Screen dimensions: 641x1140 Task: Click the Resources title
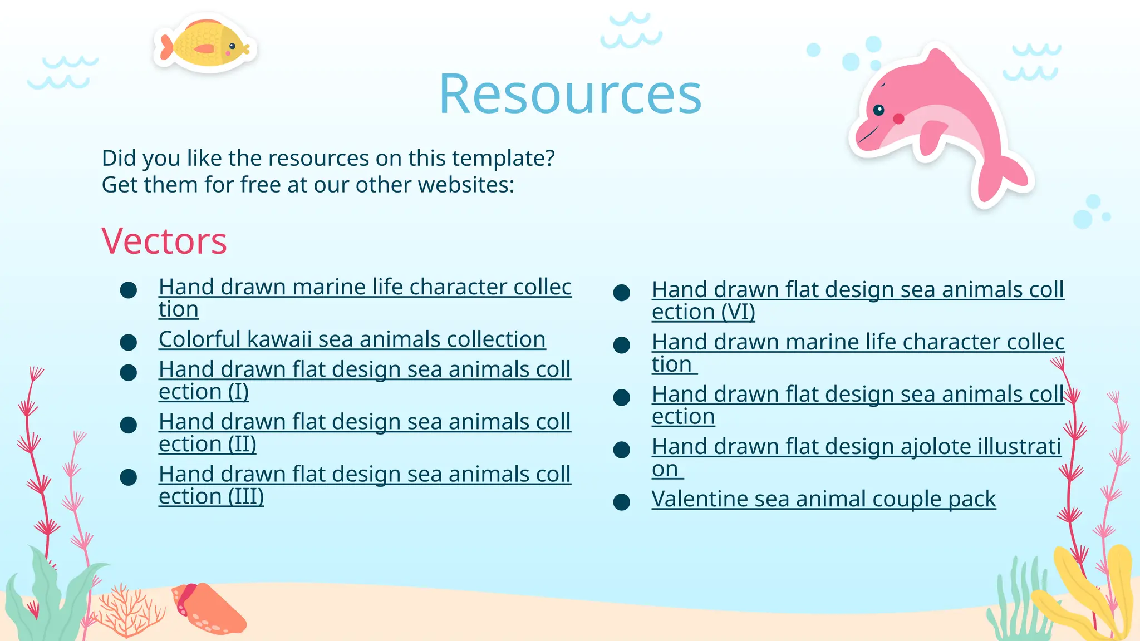click(570, 95)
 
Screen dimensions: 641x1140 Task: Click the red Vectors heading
click(164, 241)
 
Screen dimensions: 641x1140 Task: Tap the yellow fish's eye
click(232, 46)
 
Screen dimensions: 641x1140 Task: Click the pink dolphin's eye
click(879, 110)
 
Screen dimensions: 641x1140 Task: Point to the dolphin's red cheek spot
click(898, 119)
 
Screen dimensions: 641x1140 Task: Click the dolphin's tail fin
click(1002, 178)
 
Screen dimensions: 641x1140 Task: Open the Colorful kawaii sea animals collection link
click(352, 339)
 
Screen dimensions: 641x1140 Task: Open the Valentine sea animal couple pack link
click(823, 499)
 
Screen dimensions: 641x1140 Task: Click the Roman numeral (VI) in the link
click(738, 312)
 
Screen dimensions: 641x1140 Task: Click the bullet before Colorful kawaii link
click(129, 342)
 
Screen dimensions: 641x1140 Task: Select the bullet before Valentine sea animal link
click(621, 502)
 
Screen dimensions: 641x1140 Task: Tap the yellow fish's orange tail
click(166, 47)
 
